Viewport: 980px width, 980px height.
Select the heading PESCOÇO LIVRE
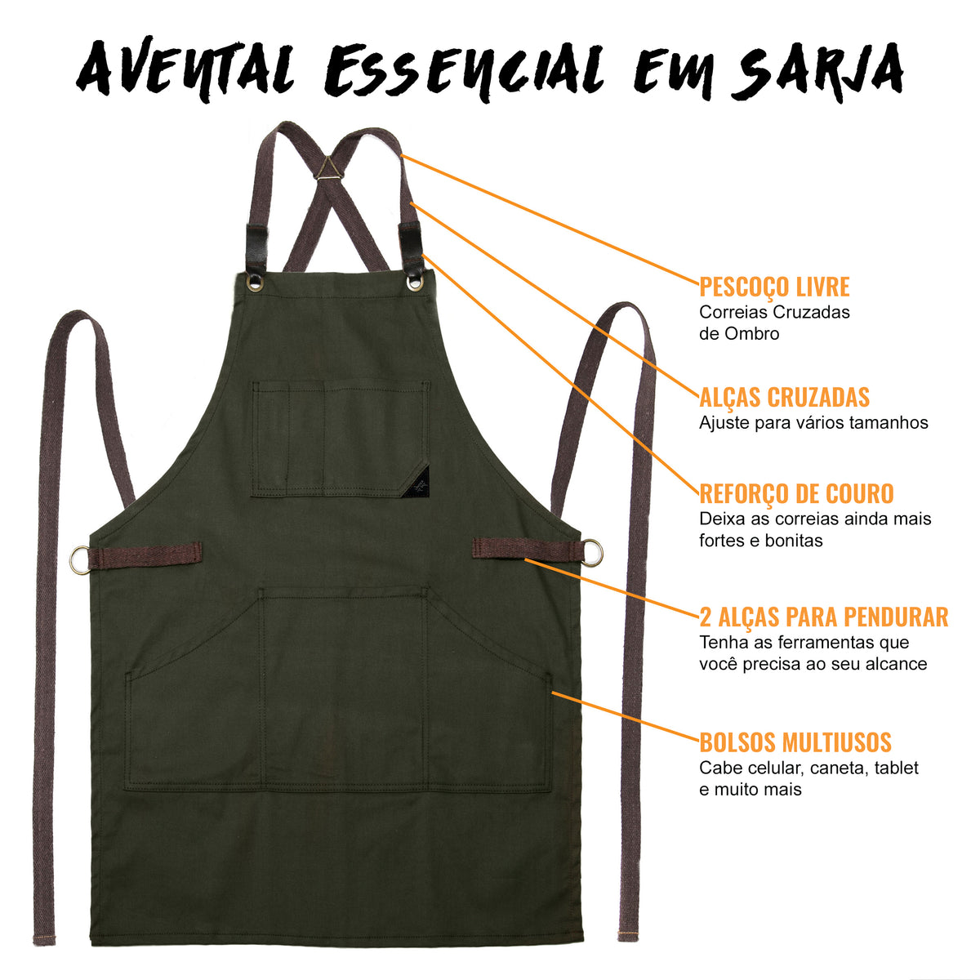[774, 287]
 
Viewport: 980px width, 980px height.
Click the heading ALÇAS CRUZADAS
[784, 398]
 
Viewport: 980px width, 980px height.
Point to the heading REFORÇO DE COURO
[796, 494]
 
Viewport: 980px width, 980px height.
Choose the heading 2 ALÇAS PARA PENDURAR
[823, 617]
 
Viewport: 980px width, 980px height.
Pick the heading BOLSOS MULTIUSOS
[795, 742]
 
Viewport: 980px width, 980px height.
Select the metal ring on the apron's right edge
[592, 551]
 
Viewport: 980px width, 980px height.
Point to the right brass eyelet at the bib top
[415, 283]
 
